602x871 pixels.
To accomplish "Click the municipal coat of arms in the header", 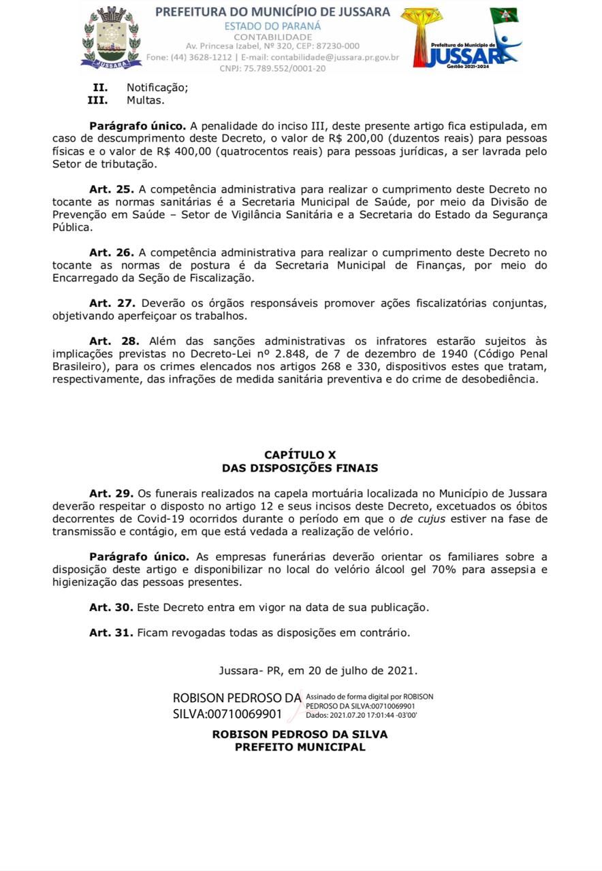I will pyautogui.click(x=110, y=37).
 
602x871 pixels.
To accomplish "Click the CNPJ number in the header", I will pyautogui.click(x=272, y=68).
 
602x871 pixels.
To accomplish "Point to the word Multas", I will pyautogui.click(x=146, y=100).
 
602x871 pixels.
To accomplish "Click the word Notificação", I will pyautogui.click(x=157, y=87).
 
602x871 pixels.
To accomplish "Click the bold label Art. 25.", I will pyautogui.click(x=111, y=189).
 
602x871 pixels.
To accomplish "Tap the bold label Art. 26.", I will pyautogui.click(x=111, y=252).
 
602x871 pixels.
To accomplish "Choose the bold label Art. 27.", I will pyautogui.click(x=111, y=303).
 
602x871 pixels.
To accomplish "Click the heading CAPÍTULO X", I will pyautogui.click(x=300, y=455).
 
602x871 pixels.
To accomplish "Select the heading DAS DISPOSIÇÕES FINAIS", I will pyautogui.click(x=300, y=468).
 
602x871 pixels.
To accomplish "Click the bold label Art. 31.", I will pyautogui.click(x=111, y=633).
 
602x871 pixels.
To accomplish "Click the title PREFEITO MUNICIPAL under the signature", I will pyautogui.click(x=300, y=747).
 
